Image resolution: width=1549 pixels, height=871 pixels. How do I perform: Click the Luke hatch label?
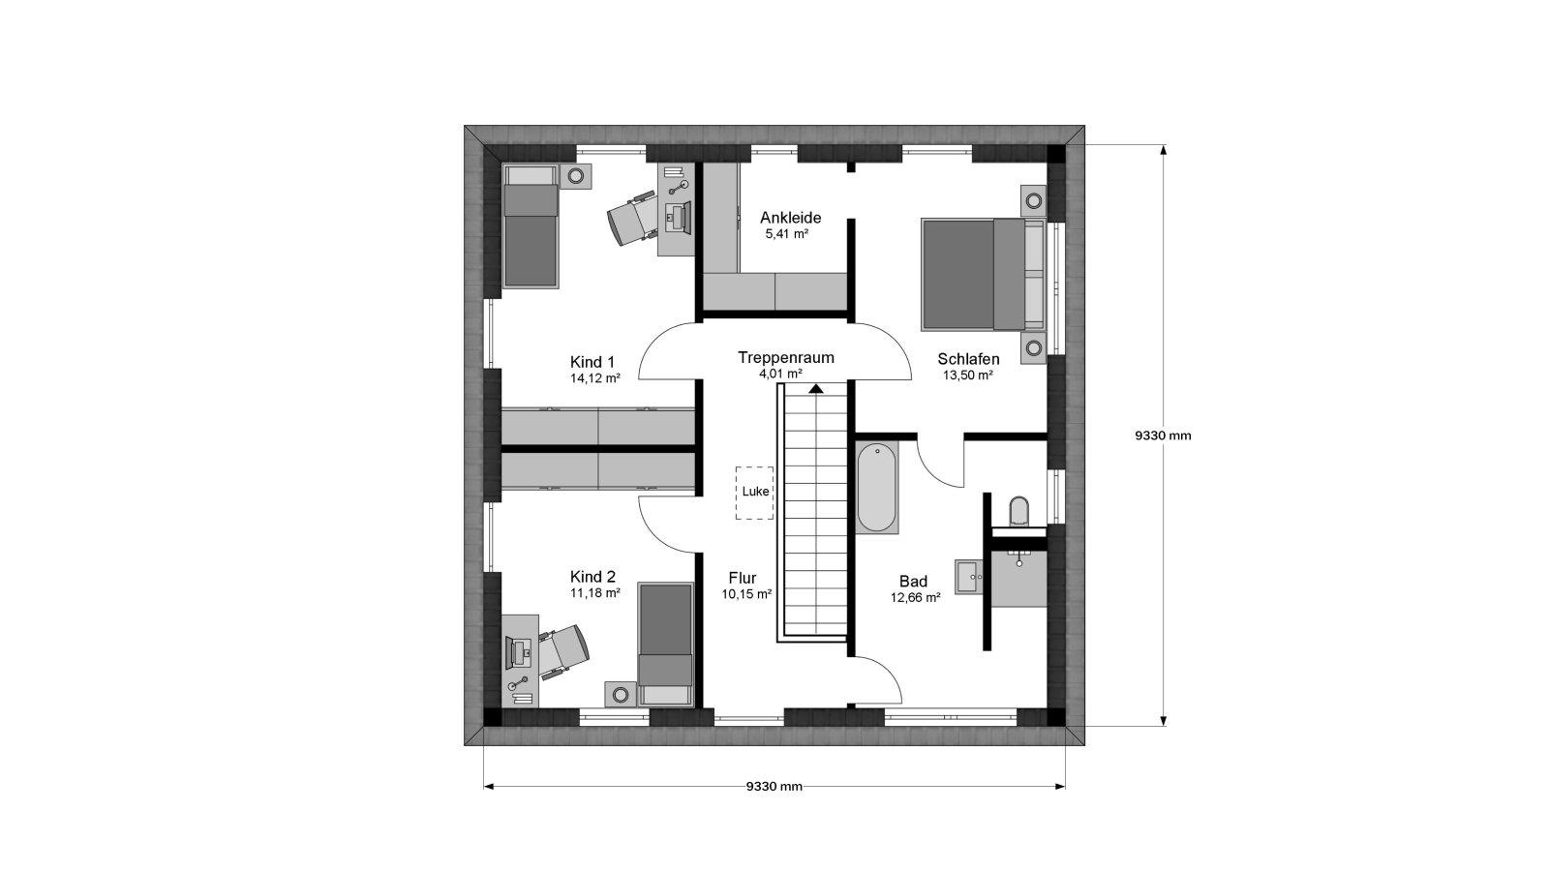click(755, 492)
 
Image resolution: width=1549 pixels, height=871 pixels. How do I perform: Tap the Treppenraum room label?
click(785, 358)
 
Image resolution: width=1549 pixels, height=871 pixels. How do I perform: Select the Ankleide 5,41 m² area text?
click(787, 234)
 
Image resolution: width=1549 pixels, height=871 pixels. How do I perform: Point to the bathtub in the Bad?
click(877, 488)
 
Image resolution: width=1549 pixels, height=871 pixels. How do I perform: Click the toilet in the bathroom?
click(1019, 512)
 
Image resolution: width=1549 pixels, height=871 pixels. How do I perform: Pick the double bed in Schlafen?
click(983, 275)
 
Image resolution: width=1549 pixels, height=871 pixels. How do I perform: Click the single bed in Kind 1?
click(531, 225)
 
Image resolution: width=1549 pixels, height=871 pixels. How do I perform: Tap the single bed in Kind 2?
click(665, 645)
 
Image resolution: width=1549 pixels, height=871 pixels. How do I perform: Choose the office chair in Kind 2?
click(565, 652)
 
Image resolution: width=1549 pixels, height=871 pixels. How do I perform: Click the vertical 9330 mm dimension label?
click(1163, 436)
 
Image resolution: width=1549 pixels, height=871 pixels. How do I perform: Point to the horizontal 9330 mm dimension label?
click(774, 787)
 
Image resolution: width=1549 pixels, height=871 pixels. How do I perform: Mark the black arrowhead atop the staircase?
click(817, 388)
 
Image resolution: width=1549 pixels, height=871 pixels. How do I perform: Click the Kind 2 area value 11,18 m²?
click(594, 593)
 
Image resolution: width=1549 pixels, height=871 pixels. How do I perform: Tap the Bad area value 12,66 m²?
click(915, 598)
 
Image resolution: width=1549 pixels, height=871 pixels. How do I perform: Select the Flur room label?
click(742, 578)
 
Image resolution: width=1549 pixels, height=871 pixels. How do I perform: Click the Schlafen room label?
click(968, 359)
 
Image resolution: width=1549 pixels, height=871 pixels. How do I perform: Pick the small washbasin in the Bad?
click(969, 577)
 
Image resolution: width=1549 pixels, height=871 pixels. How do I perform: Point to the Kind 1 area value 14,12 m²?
click(594, 378)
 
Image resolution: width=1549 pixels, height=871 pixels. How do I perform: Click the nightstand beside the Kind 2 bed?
click(621, 693)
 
